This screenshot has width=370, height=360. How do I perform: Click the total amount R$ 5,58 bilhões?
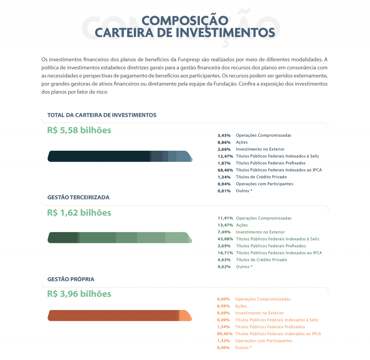tap(79, 130)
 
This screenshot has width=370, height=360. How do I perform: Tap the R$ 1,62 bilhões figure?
tap(79, 213)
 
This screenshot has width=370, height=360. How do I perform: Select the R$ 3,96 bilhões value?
tap(79, 294)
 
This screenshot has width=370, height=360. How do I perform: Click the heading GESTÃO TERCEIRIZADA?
tap(78, 197)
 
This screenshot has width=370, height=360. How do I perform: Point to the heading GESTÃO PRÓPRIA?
tap(71, 279)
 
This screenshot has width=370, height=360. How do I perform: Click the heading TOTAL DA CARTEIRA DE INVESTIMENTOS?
tap(102, 115)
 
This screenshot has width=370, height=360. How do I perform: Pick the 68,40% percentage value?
tap(225, 170)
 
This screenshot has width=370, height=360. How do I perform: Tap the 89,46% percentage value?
tap(225, 334)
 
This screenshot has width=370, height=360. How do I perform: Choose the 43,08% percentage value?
tap(225, 239)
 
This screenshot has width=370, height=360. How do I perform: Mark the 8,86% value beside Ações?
tap(224, 142)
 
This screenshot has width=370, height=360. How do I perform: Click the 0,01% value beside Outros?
tap(224, 191)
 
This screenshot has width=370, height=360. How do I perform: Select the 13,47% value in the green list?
tap(225, 225)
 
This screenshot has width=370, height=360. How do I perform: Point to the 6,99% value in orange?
tap(223, 306)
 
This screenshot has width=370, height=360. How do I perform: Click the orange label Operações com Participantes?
tap(264, 341)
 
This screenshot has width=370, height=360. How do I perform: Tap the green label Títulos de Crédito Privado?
tap(262, 260)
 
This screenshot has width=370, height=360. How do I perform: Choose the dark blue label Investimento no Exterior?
tap(260, 149)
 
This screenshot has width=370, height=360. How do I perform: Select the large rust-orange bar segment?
tap(112, 316)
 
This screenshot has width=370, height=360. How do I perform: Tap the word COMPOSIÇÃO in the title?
tap(185, 21)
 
